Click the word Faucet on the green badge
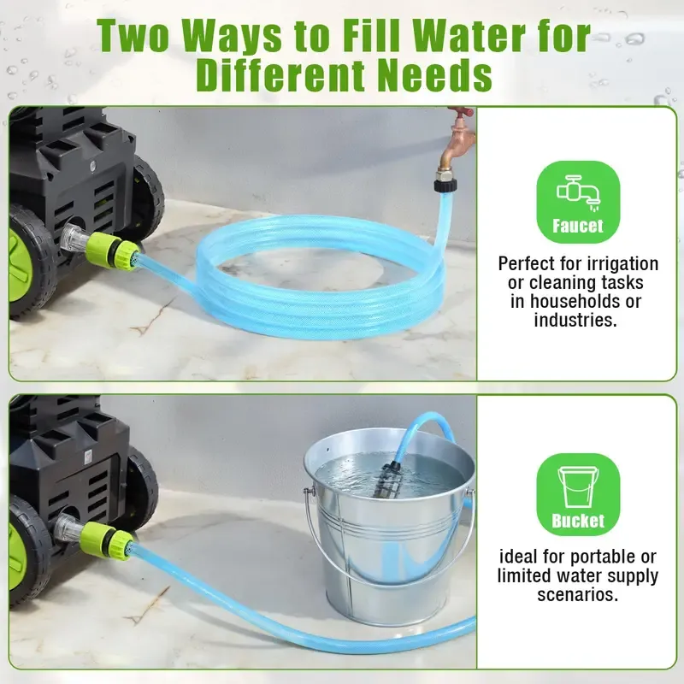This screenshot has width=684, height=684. point(578,226)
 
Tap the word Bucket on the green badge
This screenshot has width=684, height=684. point(578,521)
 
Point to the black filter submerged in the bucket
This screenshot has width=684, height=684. point(387,480)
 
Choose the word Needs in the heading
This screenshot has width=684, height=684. point(434,75)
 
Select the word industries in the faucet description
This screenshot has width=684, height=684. point(575,320)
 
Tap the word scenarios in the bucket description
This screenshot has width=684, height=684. point(578,594)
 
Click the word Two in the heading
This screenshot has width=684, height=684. point(133,37)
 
